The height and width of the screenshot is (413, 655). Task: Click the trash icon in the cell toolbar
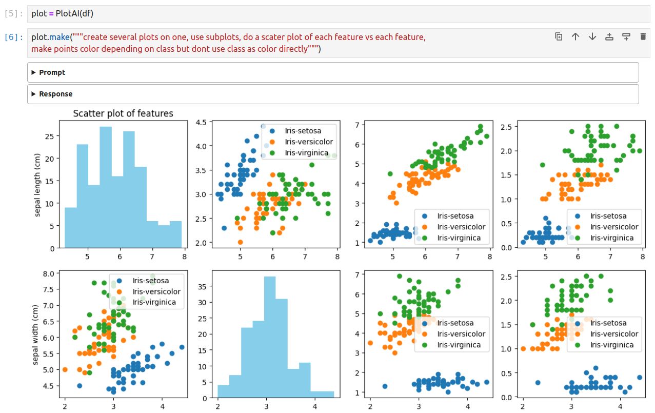643,36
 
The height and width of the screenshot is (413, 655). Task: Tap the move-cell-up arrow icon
575,36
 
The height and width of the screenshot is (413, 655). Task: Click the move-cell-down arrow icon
592,36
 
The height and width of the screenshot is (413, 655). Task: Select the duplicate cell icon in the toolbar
558,36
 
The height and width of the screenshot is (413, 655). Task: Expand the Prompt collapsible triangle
33,72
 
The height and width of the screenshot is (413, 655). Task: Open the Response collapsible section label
55,94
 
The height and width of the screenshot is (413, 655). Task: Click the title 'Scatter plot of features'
123,113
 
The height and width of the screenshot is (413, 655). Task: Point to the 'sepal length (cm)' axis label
37,185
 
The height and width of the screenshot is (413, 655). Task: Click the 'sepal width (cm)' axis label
35,335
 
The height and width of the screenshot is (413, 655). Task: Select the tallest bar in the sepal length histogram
106,187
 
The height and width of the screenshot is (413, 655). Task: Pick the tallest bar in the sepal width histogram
270,337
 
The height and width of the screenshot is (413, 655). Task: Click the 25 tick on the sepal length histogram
49,136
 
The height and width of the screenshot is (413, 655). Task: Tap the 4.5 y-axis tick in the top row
201,122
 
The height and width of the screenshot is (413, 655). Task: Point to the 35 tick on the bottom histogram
203,287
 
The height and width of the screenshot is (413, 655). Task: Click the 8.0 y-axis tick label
49,274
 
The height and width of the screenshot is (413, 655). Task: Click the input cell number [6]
13,37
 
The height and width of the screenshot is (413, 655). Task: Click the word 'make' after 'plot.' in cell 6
59,37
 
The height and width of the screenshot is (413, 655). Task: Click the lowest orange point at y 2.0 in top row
241,242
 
